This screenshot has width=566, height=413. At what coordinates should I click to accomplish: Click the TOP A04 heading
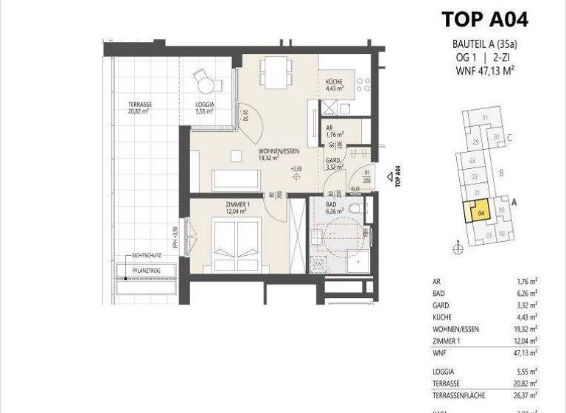coord(484,18)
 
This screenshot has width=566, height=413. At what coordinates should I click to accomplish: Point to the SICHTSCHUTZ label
coord(146,255)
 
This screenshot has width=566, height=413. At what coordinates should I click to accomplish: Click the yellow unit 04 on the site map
coord(480,214)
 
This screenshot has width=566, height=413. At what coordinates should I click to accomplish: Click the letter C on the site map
coord(509,137)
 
